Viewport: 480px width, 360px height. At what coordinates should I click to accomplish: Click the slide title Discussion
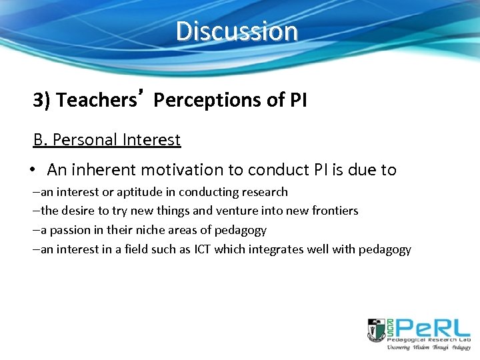237,31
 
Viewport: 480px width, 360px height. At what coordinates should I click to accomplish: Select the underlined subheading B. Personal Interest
107,140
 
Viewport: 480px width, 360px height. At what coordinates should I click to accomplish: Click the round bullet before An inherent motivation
32,170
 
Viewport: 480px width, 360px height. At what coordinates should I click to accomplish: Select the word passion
70,230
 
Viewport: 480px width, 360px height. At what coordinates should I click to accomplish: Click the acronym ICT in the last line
202,249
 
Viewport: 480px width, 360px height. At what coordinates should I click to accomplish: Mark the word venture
237,211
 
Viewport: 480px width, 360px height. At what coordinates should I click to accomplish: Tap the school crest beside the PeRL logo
375,331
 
